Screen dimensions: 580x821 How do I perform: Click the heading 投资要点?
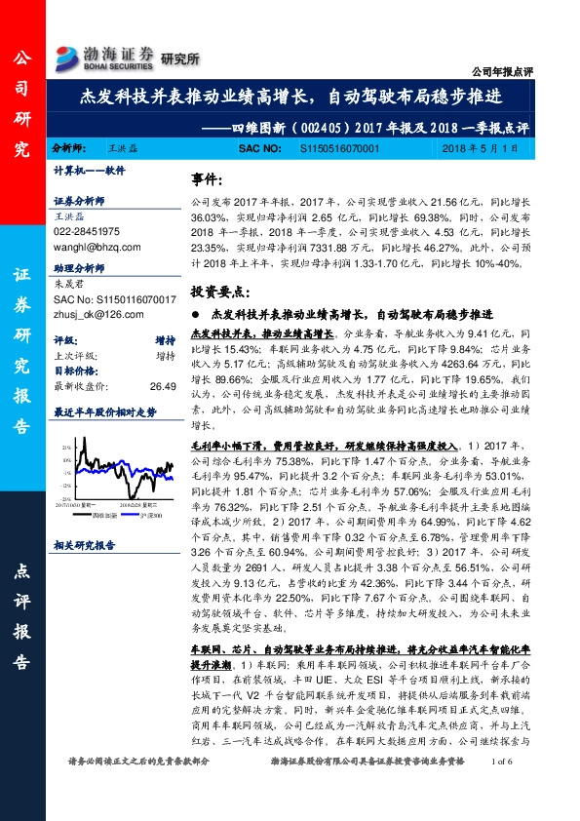pos(220,292)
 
